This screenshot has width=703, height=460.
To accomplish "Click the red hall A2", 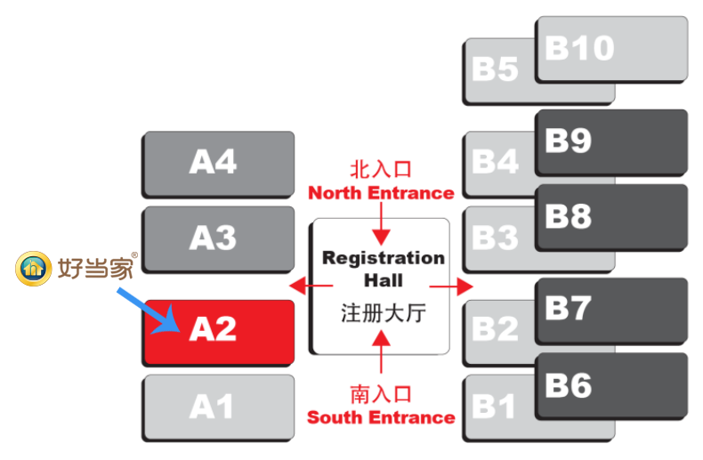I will (218, 331).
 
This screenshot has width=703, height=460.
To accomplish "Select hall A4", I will (218, 164).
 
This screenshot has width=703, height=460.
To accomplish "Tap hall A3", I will (218, 238).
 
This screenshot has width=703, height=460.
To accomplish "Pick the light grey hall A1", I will (218, 407).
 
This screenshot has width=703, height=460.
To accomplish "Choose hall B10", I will (611, 49).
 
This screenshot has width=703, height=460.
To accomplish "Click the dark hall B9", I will (611, 141).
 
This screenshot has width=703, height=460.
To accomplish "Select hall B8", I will (611, 216).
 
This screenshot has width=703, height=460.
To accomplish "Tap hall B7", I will (611, 310).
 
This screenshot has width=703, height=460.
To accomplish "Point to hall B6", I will (611, 385).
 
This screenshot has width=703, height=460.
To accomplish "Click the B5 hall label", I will (496, 69).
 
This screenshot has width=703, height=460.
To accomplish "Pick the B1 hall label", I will (494, 408).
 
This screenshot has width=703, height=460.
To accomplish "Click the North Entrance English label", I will (381, 193).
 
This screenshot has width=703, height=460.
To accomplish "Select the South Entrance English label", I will (381, 417).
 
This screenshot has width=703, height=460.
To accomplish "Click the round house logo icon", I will (34, 268).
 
